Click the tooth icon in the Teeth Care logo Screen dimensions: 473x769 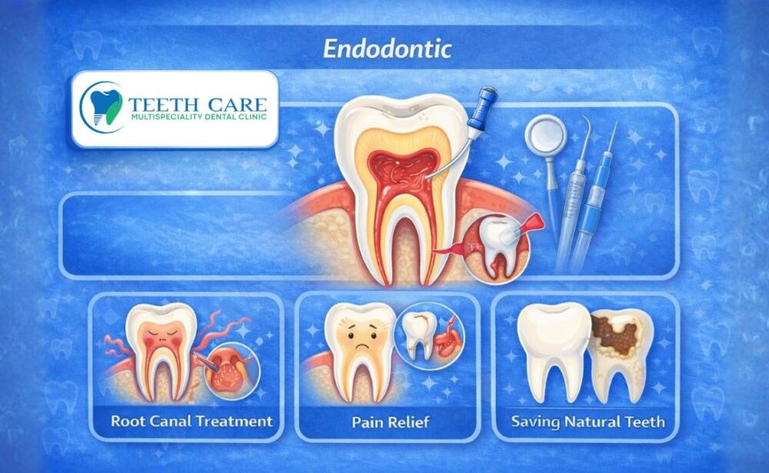tap(102, 105)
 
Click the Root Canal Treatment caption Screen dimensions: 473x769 tap(191, 421)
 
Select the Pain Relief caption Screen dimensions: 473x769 tap(390, 422)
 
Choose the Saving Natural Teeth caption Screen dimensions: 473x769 tap(588, 422)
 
